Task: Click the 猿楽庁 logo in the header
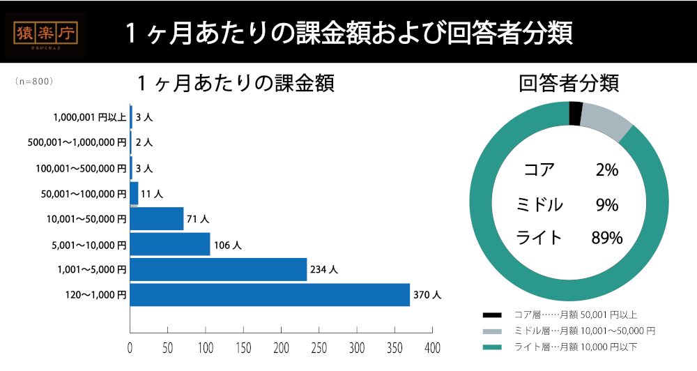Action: click(49, 34)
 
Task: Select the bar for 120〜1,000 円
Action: click(270, 295)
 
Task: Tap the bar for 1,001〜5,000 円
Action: click(218, 269)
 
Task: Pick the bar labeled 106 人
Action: click(170, 244)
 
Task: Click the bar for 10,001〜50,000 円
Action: click(157, 218)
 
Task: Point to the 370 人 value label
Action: click(427, 296)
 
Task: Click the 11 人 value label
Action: click(151, 194)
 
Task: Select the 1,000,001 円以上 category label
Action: click(89, 117)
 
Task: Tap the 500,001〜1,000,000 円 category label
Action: click(77, 142)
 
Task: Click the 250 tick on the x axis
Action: click(319, 347)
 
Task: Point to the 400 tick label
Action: click(432, 347)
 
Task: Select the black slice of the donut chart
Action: click(576, 112)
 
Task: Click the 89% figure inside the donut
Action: click(606, 238)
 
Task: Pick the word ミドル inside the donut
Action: click(539, 205)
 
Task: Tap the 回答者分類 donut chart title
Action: click(569, 84)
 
